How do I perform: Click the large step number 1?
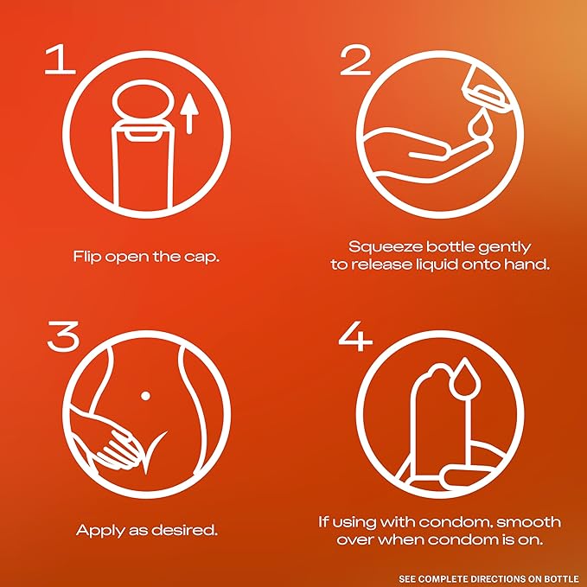60,60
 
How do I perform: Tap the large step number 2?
355,60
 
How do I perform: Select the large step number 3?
63,335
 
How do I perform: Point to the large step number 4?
355,335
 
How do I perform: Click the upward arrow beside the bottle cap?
190,113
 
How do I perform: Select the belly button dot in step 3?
145,395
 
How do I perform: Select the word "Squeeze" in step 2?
386,248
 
